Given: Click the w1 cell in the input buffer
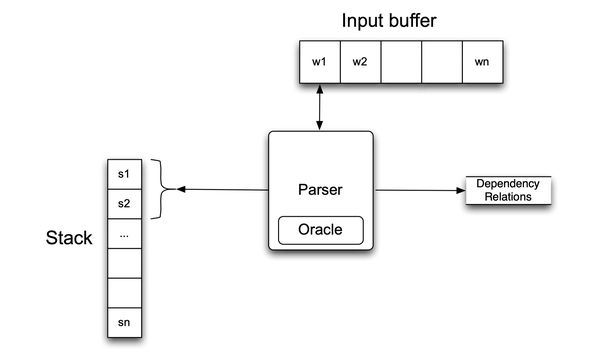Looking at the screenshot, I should (x=319, y=62).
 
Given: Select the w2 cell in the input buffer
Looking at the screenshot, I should (x=360, y=62).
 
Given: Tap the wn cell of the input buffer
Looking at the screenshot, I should (x=482, y=62).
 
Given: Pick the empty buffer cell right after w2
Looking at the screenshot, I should (x=401, y=62).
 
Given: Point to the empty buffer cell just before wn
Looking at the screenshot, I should (x=441, y=62).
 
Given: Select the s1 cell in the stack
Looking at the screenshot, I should (x=124, y=174).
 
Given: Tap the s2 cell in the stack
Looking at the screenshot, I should (x=124, y=203).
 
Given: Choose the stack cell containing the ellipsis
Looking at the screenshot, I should (x=124, y=233).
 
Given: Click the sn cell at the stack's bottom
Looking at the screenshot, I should (x=124, y=322).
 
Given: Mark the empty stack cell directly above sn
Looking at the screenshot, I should (x=124, y=292).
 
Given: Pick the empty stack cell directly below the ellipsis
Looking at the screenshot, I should (x=124, y=263).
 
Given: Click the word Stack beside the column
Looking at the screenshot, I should (x=69, y=240).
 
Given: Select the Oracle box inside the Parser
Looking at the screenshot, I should (x=320, y=230).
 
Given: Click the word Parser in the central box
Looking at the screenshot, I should (x=320, y=189).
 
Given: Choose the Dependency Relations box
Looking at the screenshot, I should (x=509, y=190).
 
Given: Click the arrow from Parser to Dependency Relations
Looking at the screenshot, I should (x=419, y=189).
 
